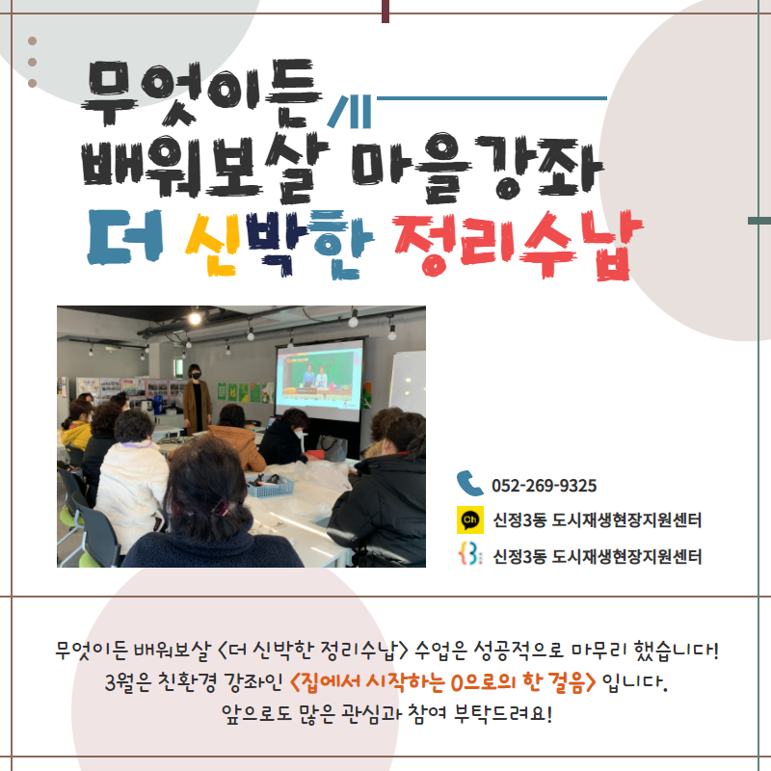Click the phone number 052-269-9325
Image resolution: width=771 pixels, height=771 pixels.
coord(544,486)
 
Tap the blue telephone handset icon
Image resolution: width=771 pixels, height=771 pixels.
coord(469,484)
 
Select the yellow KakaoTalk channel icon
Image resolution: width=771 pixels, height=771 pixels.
coord(470,519)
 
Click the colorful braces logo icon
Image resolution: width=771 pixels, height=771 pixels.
coord(469,555)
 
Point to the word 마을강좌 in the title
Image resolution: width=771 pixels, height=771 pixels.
coord(477,168)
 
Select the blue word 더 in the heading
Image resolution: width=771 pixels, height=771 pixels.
coord(125,237)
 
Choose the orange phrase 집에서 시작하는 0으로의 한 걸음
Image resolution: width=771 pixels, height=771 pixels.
coord(443,682)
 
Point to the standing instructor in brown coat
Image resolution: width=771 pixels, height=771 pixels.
coord(198,399)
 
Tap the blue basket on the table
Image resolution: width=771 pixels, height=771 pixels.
coord(270,486)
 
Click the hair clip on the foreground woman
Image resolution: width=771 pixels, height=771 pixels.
coord(220,508)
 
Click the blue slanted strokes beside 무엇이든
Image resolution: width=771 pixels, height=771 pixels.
coord(350,112)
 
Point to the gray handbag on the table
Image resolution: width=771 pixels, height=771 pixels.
coord(332,447)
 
